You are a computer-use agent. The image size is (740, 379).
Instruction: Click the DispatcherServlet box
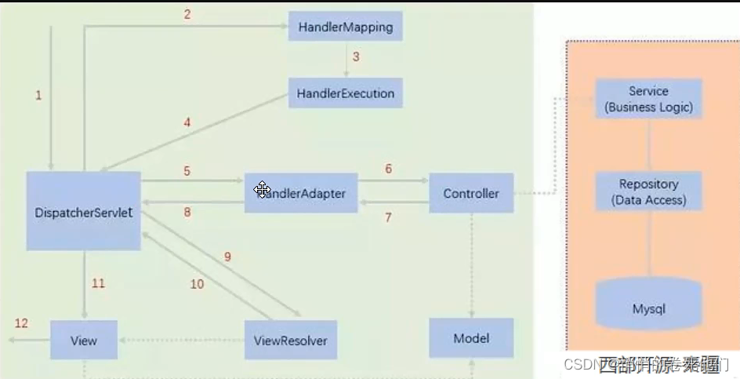pyautogui.click(x=83, y=211)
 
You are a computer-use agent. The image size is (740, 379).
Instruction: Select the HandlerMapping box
pyautogui.click(x=346, y=27)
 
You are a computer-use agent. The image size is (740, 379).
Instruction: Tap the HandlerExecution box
pyautogui.click(x=346, y=93)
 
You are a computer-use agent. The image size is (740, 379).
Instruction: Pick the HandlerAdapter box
pyautogui.click(x=301, y=192)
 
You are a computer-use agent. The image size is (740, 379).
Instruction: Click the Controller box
pyautogui.click(x=471, y=193)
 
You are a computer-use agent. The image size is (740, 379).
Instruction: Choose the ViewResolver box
pyautogui.click(x=290, y=341)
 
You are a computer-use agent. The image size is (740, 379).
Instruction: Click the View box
pyautogui.click(x=84, y=341)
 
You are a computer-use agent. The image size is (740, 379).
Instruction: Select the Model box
pyautogui.click(x=471, y=338)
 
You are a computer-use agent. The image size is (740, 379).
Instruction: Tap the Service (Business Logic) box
pyautogui.click(x=648, y=99)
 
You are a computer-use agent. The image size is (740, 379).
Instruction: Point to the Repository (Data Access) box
pyautogui.click(x=648, y=191)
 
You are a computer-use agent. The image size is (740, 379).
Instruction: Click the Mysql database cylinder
pyautogui.click(x=648, y=306)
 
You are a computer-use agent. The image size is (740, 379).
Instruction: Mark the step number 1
pyautogui.click(x=38, y=95)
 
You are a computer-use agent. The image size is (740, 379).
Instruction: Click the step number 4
pyautogui.click(x=187, y=122)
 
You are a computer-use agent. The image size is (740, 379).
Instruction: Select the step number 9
pyautogui.click(x=228, y=257)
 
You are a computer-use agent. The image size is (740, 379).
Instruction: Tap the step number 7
pyautogui.click(x=388, y=218)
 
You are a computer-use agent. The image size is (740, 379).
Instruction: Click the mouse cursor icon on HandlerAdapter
pyautogui.click(x=262, y=189)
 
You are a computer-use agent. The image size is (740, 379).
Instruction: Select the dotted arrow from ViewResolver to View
pyautogui.click(x=181, y=341)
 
